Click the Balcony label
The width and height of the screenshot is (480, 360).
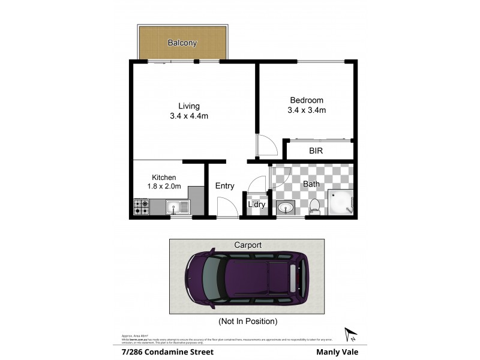coord(182,43)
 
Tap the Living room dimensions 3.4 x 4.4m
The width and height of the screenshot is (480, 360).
coord(189,116)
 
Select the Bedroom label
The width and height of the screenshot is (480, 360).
coord(307,100)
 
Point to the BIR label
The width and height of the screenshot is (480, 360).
coord(316,151)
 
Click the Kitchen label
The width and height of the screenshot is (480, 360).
coord(164,178)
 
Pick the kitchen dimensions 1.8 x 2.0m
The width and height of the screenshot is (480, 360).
coord(164,186)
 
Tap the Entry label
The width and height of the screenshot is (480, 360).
coord(224,186)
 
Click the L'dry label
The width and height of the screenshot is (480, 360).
coord(257,205)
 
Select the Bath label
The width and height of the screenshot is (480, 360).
coord(311,184)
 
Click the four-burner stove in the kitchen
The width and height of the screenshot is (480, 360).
coord(142,207)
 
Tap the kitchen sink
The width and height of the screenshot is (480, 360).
coord(179,208)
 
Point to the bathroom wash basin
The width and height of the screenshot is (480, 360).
coord(286,208)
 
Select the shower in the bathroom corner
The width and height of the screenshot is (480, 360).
coord(341,202)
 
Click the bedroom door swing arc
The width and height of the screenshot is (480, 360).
coord(266,145)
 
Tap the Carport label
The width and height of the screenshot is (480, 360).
coord(247,245)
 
